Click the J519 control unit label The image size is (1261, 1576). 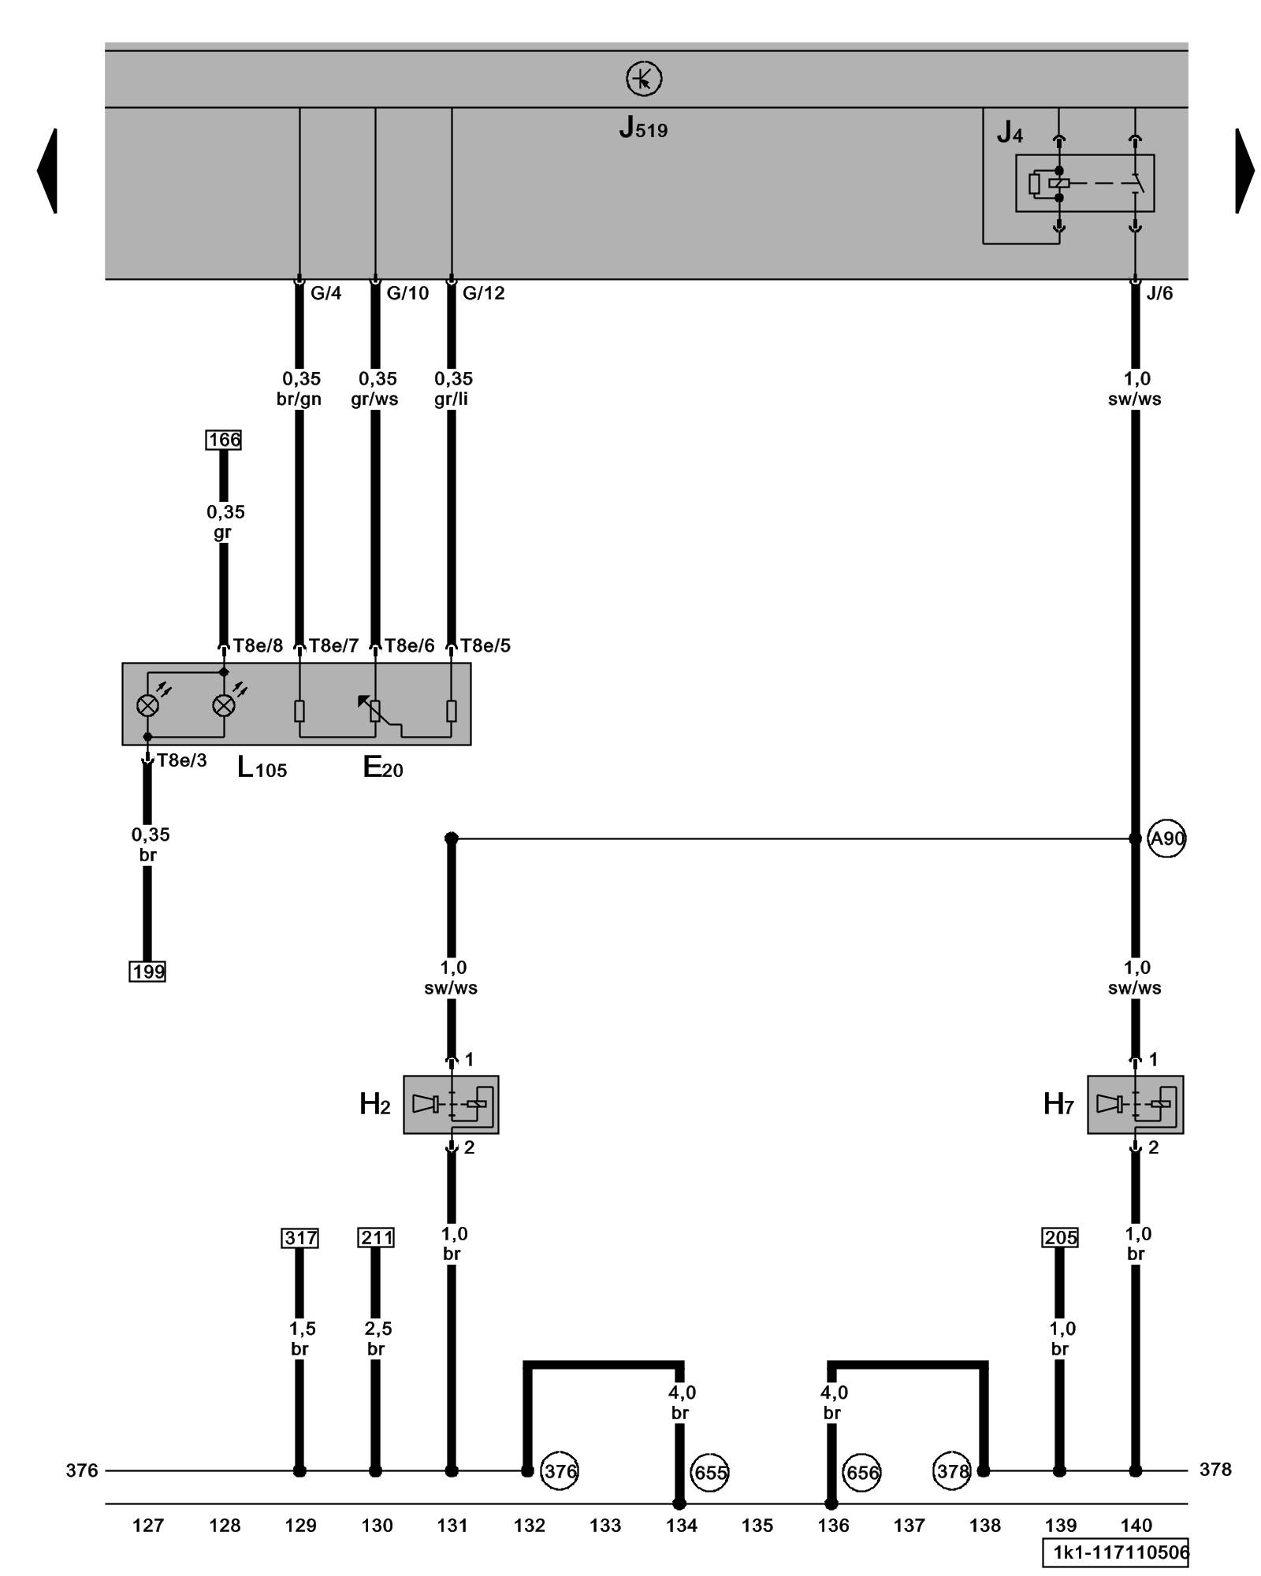(x=643, y=128)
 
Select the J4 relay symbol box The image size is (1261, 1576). (x=1084, y=183)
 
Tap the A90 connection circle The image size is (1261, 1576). (x=1166, y=838)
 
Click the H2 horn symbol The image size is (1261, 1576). (x=451, y=1105)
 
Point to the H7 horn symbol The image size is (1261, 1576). (x=1135, y=1105)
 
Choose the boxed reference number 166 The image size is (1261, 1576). (x=224, y=440)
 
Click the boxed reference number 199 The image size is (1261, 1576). (x=148, y=972)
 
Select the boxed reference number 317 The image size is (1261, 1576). (x=299, y=1238)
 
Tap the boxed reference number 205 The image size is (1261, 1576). (x=1060, y=1238)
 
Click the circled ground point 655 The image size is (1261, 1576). (x=709, y=1472)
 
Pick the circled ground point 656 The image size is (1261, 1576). (x=861, y=1472)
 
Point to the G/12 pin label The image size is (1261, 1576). (x=483, y=293)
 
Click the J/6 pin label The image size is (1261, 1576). (x=1159, y=293)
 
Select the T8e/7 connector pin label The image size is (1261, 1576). (x=333, y=646)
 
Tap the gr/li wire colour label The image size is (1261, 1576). (x=451, y=399)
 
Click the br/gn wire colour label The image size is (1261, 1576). (x=299, y=399)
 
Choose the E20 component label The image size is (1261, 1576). (x=383, y=768)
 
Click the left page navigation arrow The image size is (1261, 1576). (x=47, y=170)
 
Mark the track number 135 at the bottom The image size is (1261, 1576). (x=757, y=1526)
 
